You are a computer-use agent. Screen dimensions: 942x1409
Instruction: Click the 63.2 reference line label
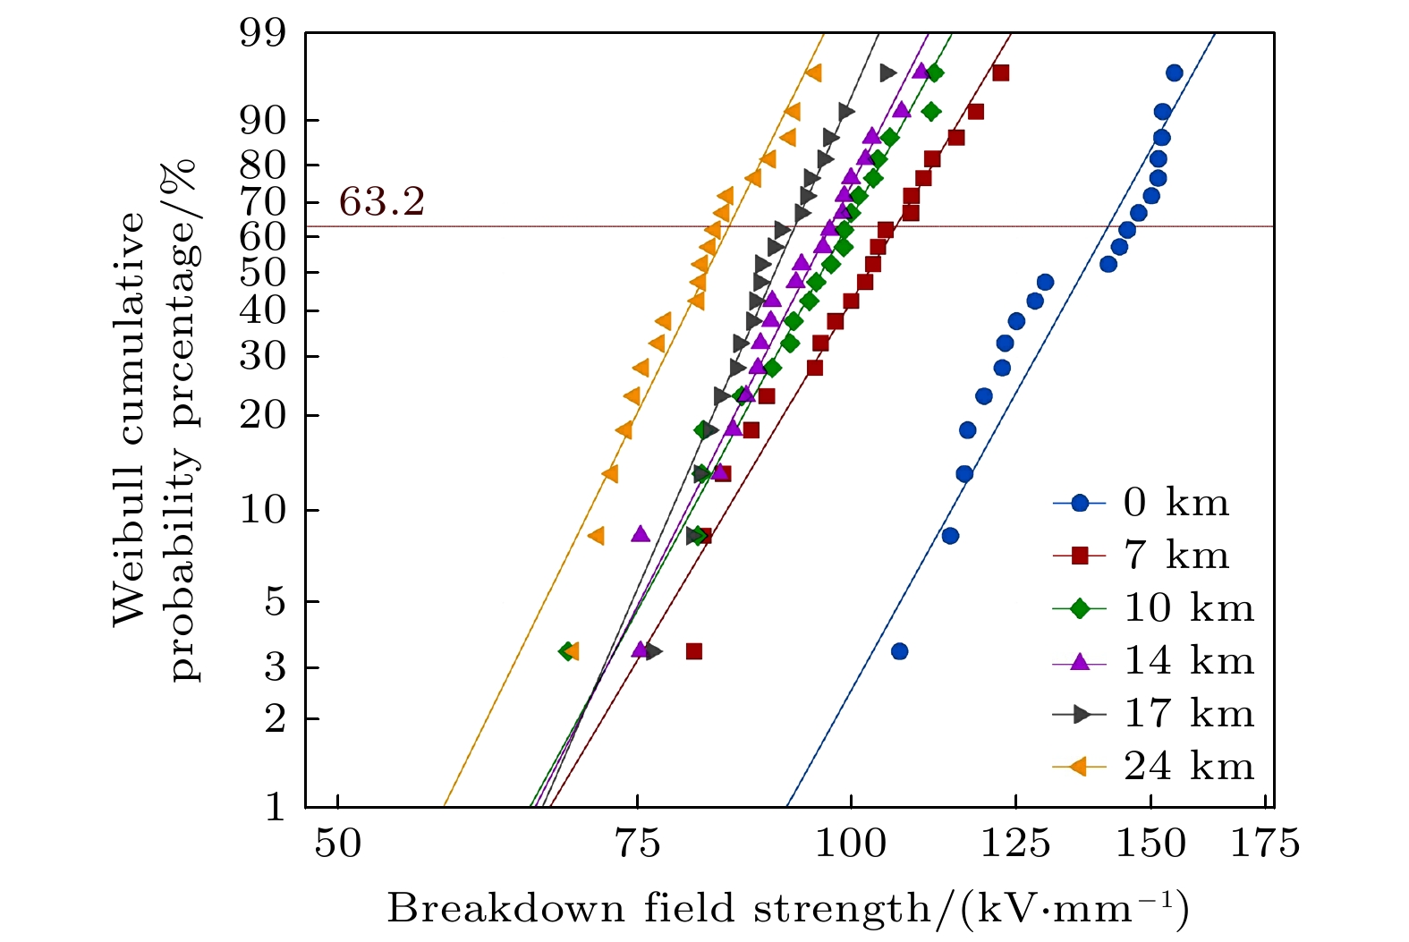pos(382,203)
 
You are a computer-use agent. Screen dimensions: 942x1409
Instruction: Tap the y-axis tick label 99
pos(262,34)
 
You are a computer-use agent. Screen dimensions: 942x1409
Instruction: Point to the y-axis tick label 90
pos(262,121)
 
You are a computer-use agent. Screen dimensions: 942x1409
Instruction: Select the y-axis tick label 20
pos(262,416)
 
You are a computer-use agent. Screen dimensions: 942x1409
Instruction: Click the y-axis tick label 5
pos(274,602)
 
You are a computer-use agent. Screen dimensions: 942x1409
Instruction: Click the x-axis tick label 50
pos(338,843)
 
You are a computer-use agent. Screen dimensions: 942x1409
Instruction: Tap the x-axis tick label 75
pos(637,843)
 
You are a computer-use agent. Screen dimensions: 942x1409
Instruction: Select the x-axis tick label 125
pos(1014,843)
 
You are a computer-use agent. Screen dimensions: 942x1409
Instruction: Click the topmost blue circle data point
pos(1174,73)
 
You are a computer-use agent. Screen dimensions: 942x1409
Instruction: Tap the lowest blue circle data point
pos(899,651)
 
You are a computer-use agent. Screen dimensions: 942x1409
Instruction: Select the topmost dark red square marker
pos(1000,73)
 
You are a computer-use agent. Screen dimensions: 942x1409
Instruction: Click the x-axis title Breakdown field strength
pos(787,909)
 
